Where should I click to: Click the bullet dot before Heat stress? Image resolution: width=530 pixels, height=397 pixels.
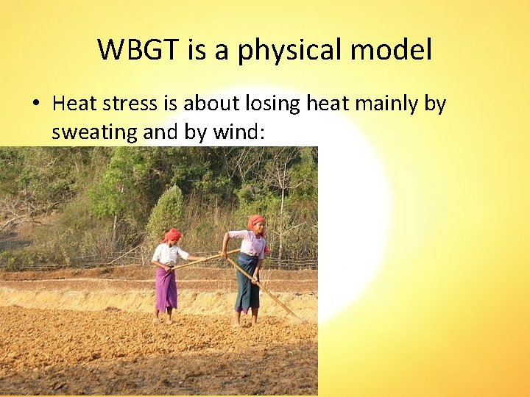pyautogui.click(x=35, y=104)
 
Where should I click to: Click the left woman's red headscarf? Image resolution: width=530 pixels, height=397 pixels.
pyautogui.click(x=172, y=235)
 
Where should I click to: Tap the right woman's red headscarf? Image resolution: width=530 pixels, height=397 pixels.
pyautogui.click(x=255, y=221)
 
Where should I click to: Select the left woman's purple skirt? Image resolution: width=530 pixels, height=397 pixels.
pyautogui.click(x=166, y=288)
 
